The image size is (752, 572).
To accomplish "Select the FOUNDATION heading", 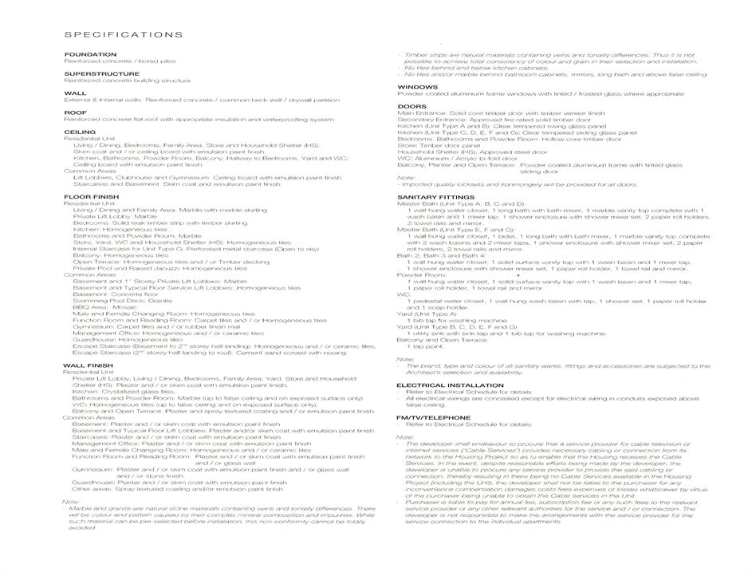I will tap(90, 54).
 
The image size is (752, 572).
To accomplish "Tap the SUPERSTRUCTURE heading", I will tap(101, 73).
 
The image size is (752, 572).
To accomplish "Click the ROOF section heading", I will tap(76, 112).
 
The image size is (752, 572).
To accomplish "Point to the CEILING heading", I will tap(80, 132).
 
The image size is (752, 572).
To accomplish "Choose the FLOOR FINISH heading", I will tap(92, 196).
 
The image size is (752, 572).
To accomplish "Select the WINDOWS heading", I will tap(417, 86).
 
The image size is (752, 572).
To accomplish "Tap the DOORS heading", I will tap(411, 106).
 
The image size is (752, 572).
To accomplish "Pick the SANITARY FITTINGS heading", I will tap(435, 196).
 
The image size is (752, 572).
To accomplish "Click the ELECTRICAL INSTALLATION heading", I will tap(450, 385).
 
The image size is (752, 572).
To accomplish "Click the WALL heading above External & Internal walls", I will tap(75, 93).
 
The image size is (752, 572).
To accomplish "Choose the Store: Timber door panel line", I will tap(439, 144).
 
